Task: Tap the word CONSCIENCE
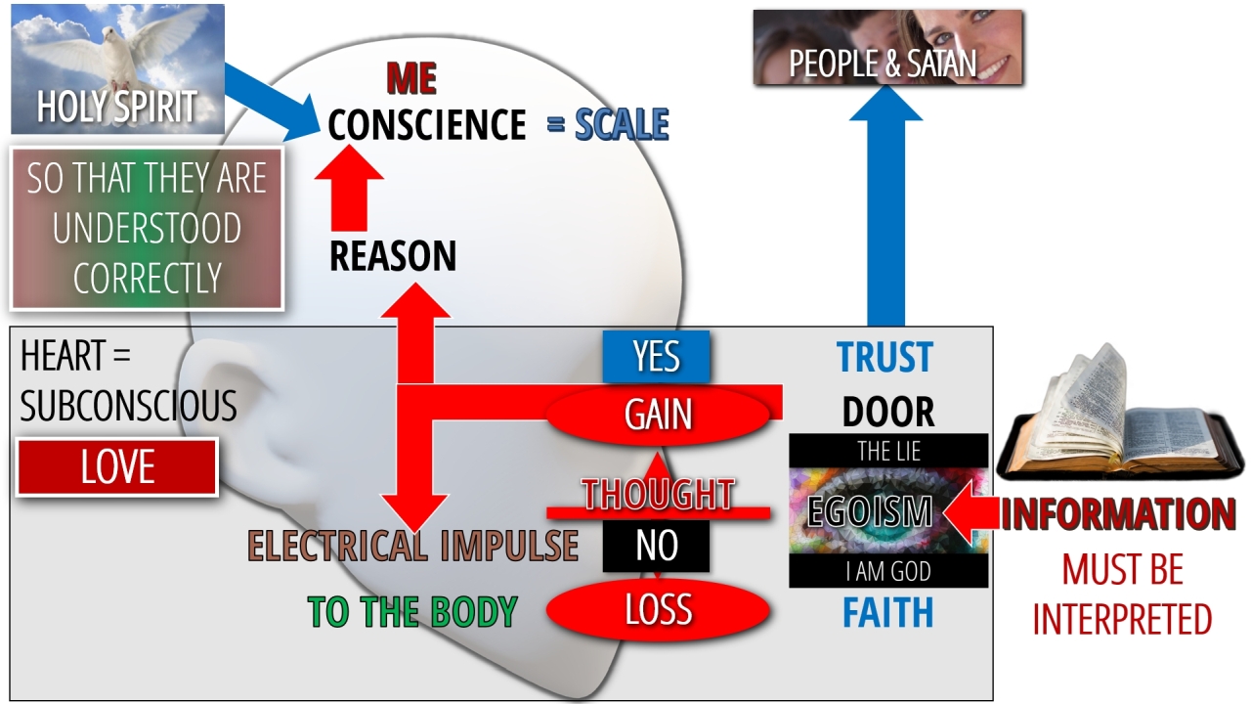[427, 126]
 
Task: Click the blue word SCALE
[622, 125]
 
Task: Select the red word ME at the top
[410, 78]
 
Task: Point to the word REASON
[393, 256]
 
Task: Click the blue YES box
[656, 357]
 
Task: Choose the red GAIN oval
[658, 415]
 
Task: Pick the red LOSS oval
[658, 610]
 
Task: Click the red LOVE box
[117, 467]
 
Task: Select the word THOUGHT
[658, 495]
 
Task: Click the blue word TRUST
[885, 358]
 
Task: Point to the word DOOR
[888, 413]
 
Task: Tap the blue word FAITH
[888, 613]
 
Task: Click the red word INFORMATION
[1118, 514]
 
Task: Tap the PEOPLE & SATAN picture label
[883, 65]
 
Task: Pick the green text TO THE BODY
[411, 612]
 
